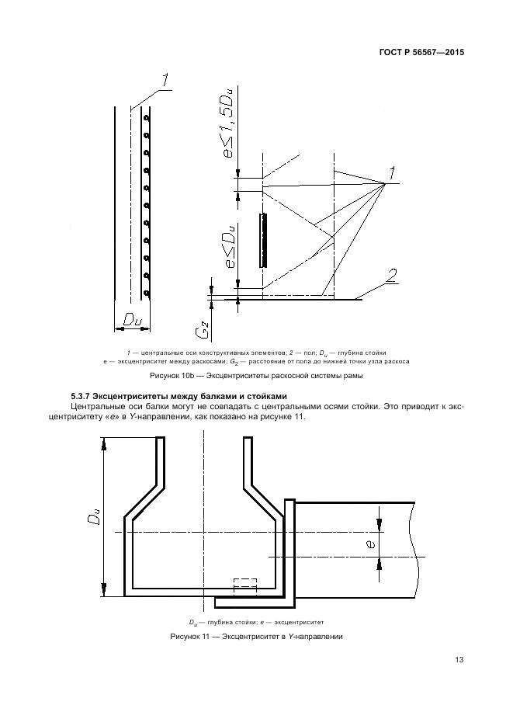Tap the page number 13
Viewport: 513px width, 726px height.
click(459, 660)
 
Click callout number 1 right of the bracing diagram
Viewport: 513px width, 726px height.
click(393, 171)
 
